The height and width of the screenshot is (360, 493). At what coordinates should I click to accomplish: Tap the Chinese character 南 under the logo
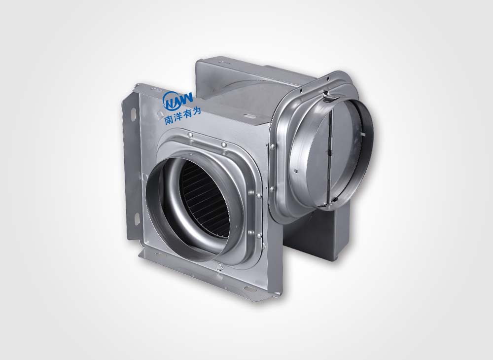click(169, 120)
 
